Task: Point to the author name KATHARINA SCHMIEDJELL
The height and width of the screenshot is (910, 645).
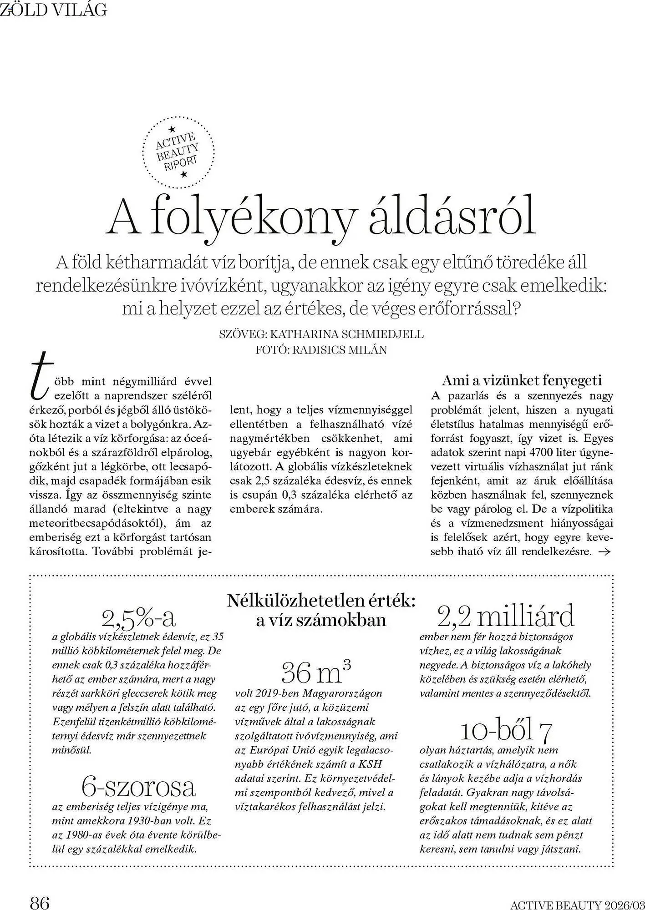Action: (347, 334)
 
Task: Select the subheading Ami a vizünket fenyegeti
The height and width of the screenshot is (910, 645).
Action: (522, 380)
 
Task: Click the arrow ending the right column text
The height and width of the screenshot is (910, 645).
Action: (604, 552)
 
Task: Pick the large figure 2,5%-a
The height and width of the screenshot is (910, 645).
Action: (139, 617)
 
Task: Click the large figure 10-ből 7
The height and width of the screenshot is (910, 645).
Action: (506, 731)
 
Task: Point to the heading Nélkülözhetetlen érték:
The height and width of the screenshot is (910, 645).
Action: (321, 601)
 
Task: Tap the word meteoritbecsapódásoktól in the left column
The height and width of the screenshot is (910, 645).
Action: (97, 523)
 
